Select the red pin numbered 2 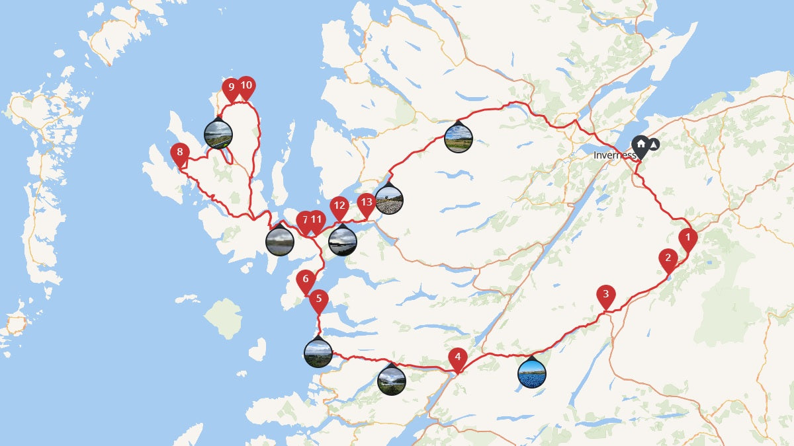click(x=668, y=258)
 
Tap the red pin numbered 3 click(x=605, y=295)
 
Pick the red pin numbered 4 click(x=457, y=357)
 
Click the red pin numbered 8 click(x=179, y=153)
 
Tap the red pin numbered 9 click(x=231, y=87)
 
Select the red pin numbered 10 click(x=246, y=85)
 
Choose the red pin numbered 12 click(x=339, y=206)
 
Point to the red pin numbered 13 click(x=366, y=203)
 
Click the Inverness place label click(x=614, y=155)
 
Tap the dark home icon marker click(x=640, y=145)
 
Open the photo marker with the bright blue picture click(x=532, y=373)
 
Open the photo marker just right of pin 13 click(x=388, y=200)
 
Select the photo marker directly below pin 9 click(x=218, y=134)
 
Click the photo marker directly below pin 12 click(x=343, y=241)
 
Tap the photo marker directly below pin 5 click(x=318, y=353)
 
